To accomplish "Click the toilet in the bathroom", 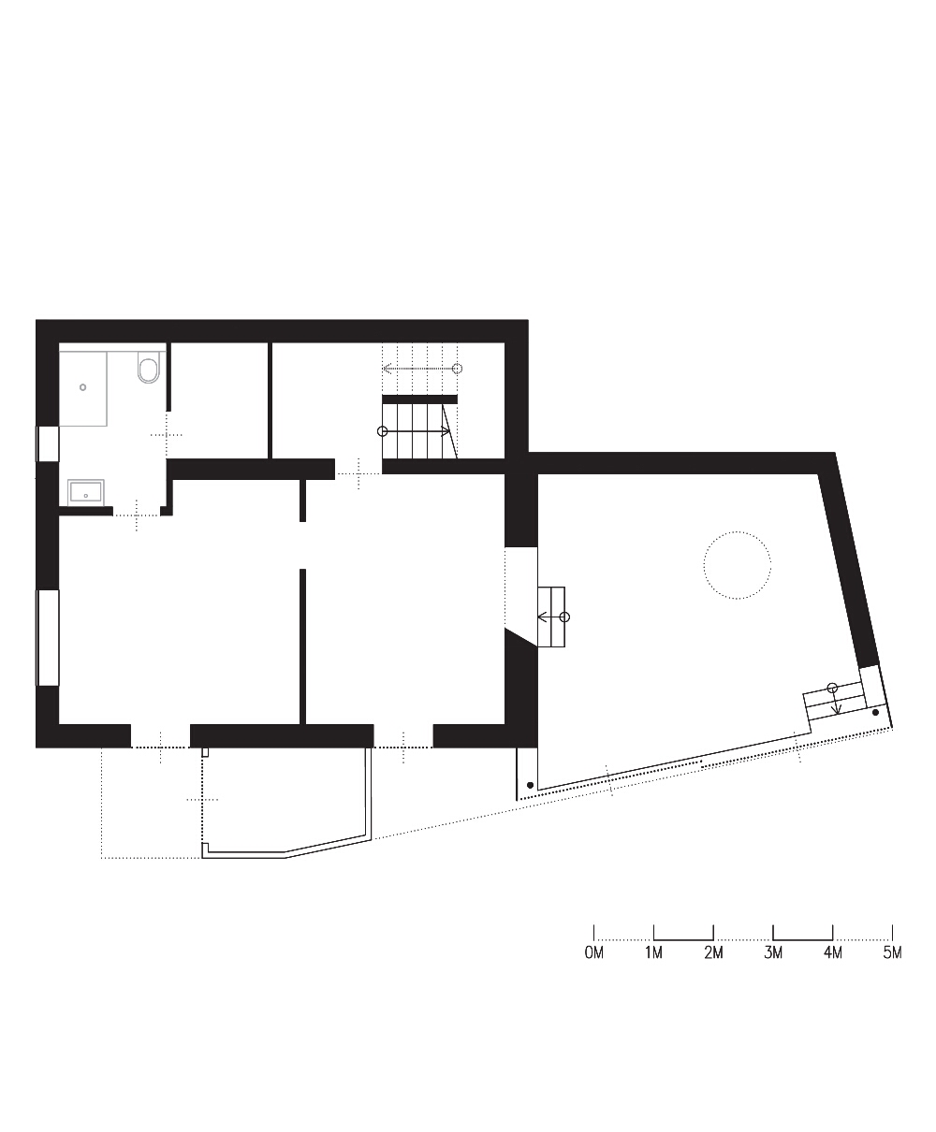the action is tap(149, 367).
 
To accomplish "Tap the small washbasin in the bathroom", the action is tap(86, 492).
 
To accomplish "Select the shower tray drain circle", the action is tap(83, 387).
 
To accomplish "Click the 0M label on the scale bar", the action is tap(594, 952).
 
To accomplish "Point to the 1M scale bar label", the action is tap(653, 952).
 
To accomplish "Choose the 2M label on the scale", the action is tap(713, 952).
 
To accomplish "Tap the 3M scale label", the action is tap(773, 952).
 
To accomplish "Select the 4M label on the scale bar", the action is tap(833, 952).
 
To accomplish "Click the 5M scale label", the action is tap(893, 952).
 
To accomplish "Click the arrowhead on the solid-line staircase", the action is tap(446, 431).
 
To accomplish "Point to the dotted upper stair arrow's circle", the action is tap(458, 369).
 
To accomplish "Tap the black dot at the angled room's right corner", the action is tap(875, 712).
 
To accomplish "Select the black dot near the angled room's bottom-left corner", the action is tap(530, 785).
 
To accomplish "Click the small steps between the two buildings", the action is tap(551, 617).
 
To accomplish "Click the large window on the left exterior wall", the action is tap(48, 638).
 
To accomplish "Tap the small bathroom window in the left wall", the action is tap(48, 444).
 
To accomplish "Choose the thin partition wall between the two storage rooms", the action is tap(270, 400).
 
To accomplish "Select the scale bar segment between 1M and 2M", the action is tap(683, 939).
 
